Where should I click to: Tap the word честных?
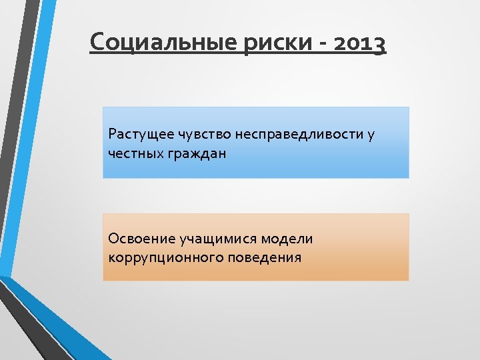tap(131, 153)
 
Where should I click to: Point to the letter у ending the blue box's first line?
tap(370, 136)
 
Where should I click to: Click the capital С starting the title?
tap(97, 43)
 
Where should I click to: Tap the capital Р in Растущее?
tap(111, 134)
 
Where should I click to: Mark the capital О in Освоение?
tap(112, 239)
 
